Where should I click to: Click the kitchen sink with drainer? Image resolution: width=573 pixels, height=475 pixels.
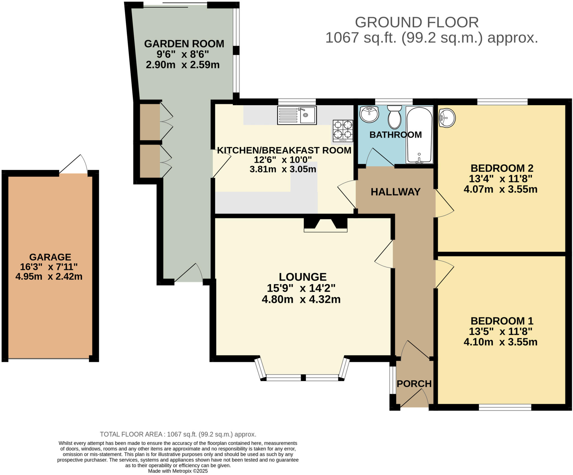click(297, 115)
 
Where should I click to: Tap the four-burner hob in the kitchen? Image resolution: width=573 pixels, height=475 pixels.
click(343, 131)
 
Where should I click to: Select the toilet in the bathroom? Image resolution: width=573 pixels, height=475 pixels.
click(394, 117)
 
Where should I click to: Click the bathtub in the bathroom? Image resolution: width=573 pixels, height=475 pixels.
click(419, 135)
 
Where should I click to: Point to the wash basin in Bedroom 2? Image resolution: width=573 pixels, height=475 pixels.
click(447, 118)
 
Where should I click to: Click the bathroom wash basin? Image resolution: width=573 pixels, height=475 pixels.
click(369, 114)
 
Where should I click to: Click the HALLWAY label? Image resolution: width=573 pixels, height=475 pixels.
click(395, 192)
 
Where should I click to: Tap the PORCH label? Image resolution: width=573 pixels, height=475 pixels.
click(414, 384)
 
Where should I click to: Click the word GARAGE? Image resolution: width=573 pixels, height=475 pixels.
click(50, 257)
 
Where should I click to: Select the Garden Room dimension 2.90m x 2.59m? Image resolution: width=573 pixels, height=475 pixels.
click(183, 65)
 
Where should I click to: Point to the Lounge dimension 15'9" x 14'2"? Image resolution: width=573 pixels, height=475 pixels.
click(301, 288)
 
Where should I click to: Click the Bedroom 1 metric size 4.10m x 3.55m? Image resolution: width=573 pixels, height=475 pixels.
click(501, 342)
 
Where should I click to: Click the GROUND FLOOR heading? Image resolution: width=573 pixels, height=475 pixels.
click(417, 22)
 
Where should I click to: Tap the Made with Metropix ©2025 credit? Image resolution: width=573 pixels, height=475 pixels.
click(178, 471)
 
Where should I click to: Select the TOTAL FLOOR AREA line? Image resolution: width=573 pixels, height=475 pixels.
click(178, 434)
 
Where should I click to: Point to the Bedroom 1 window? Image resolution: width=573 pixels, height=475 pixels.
click(505, 407)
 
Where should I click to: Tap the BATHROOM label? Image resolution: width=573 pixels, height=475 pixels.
click(395, 135)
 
